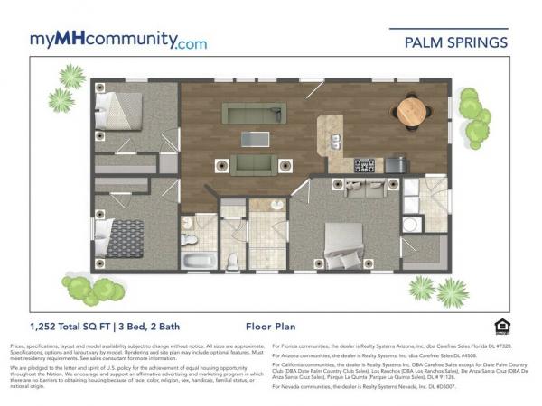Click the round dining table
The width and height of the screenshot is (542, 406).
412,111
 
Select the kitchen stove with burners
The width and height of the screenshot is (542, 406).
364,166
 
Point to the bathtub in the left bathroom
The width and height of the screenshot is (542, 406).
198,260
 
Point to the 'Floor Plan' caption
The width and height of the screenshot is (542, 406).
271,327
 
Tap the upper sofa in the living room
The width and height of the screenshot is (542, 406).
254,113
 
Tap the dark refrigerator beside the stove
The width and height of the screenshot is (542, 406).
395,165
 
